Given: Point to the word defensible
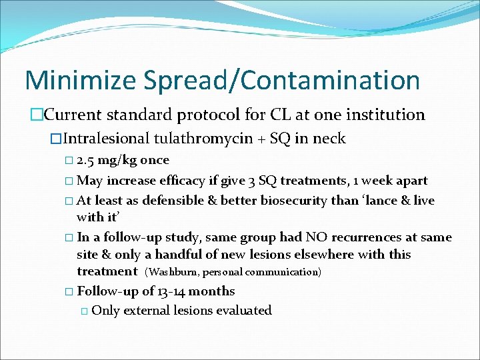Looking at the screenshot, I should (x=186, y=201).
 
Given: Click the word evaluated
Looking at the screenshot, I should (x=245, y=311).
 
